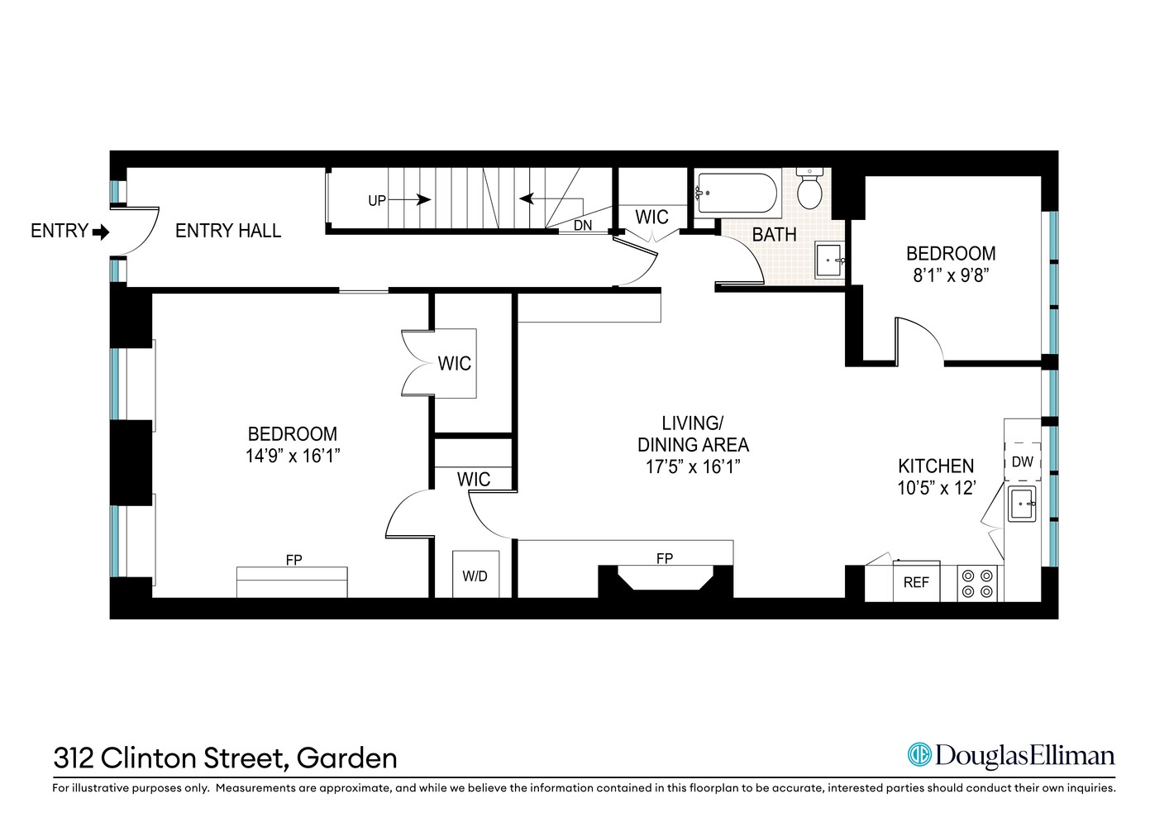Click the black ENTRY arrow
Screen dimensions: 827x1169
(101, 232)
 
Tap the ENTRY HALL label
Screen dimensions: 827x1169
(228, 232)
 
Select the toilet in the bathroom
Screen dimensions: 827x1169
(809, 189)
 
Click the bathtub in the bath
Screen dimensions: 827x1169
(737, 193)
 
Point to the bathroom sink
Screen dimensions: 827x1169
(829, 261)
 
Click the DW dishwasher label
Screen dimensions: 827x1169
(1023, 462)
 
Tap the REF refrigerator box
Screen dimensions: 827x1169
(916, 583)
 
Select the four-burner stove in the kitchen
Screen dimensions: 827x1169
(977, 583)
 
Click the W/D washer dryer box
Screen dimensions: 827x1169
(475, 576)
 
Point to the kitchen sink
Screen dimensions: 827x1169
(1023, 503)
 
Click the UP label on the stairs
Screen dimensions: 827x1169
(377, 201)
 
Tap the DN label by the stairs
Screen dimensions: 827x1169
(583, 225)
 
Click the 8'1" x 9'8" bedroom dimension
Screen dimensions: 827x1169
(951, 275)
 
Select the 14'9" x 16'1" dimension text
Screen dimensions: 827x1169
(293, 456)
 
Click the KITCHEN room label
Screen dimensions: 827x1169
(936, 466)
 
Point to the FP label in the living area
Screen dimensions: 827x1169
(665, 559)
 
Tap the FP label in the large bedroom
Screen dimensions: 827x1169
(293, 561)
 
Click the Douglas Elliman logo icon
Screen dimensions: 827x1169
(919, 755)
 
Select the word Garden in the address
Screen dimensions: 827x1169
(346, 758)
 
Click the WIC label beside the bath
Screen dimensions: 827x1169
(651, 218)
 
